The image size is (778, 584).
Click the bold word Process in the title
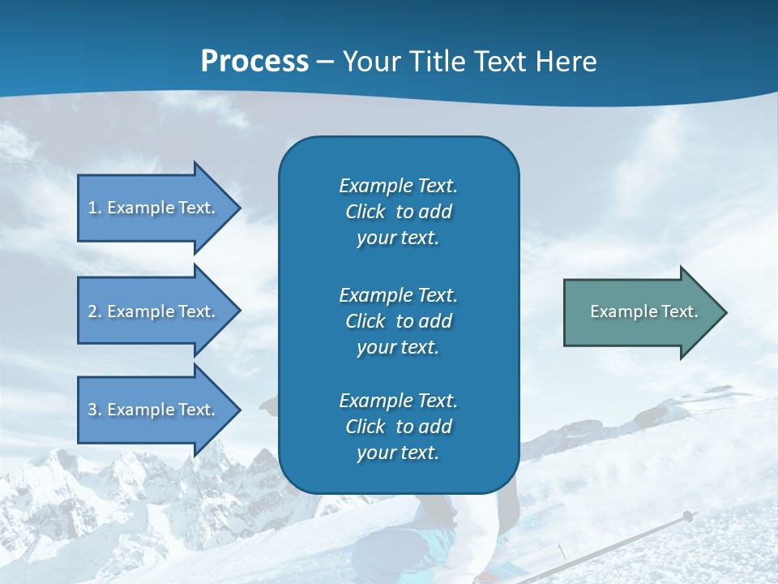point(254,62)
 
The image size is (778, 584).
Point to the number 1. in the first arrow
point(95,208)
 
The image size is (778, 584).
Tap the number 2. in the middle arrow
point(95,311)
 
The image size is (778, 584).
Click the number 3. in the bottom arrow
point(95,410)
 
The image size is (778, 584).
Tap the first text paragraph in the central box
point(398,212)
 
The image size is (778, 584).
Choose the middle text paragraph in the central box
point(398,321)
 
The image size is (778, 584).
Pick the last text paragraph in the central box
point(398,427)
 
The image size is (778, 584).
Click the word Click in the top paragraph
point(365,212)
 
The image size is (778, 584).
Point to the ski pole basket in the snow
point(687,516)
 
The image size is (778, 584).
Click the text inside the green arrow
point(643,311)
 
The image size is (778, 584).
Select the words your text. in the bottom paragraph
point(398,453)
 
